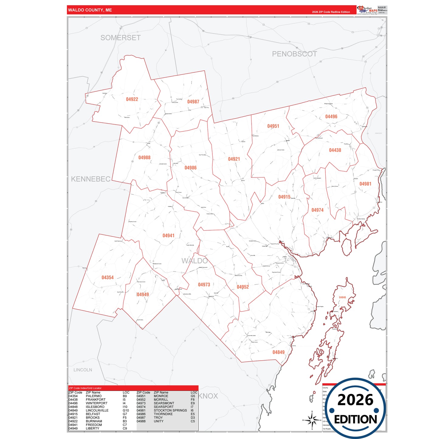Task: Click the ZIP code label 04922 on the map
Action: [132, 99]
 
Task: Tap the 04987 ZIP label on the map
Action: [193, 102]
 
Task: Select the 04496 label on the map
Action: [331, 117]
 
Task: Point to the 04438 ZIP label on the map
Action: [335, 150]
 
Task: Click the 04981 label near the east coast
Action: [365, 184]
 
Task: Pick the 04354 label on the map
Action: [108, 278]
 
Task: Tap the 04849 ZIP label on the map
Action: [278, 352]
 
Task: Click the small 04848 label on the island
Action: [342, 297]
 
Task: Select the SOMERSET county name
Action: [121, 38]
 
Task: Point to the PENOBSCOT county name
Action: [294, 54]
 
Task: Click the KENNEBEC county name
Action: [91, 179]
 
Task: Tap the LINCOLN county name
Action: [83, 370]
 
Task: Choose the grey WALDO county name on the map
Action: [194, 261]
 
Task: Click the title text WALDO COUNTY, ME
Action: [90, 10]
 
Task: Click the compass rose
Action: [312, 420]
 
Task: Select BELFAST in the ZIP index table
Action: [93, 414]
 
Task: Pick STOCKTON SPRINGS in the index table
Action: [170, 410]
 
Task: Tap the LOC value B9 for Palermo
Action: [125, 396]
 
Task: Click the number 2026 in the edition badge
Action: [355, 400]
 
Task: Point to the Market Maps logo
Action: [367, 10]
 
